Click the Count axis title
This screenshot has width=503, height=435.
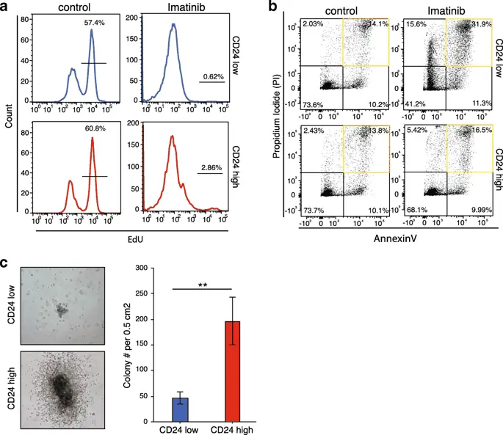(x=9, y=120)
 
